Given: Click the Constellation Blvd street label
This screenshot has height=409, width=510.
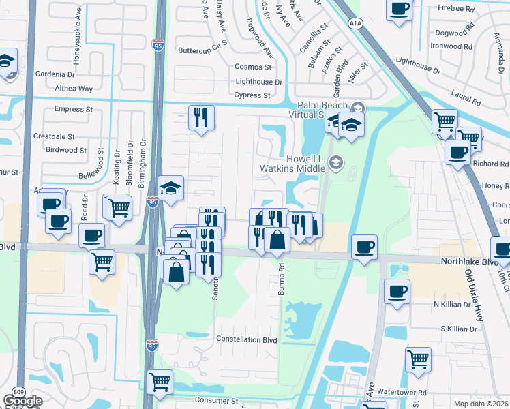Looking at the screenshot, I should [x=246, y=339].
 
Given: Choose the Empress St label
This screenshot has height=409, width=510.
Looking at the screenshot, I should [x=73, y=109].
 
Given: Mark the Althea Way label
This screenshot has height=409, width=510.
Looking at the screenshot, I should [x=74, y=89].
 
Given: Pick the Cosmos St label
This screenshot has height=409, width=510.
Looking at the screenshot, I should [x=253, y=67].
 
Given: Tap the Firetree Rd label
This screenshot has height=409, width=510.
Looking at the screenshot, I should [x=456, y=9].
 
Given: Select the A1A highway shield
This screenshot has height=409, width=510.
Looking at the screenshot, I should [x=355, y=23].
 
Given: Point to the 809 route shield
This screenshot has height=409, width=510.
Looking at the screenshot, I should [x=18, y=391].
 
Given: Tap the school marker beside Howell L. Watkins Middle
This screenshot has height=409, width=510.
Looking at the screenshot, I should [x=335, y=162].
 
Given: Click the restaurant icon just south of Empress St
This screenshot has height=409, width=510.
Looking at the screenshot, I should [x=201, y=117].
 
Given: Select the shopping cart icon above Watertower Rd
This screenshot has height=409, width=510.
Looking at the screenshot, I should [x=418, y=358].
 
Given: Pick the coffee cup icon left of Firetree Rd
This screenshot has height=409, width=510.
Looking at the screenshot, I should [x=400, y=9].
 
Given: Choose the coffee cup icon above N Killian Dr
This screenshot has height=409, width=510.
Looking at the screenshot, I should [x=396, y=291].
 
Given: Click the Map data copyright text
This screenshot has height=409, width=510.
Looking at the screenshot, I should [x=481, y=404].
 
